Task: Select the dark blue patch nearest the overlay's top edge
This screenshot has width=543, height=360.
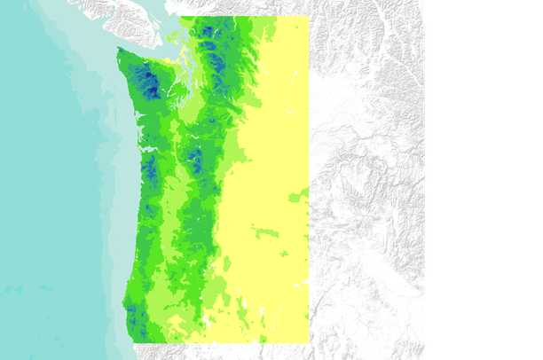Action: pyautogui.click(x=206, y=32)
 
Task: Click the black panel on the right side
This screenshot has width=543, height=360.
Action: pyautogui.click(x=484, y=177)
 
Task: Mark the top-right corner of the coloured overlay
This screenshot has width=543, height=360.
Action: pyautogui.click(x=308, y=17)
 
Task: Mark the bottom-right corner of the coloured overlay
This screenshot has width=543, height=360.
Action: pyautogui.click(x=308, y=341)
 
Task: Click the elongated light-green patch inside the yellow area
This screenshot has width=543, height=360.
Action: pyautogui.click(x=265, y=233)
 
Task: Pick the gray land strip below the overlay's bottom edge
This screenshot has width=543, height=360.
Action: pyautogui.click(x=222, y=351)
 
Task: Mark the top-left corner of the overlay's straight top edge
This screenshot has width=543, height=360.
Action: pyautogui.click(x=180, y=17)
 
